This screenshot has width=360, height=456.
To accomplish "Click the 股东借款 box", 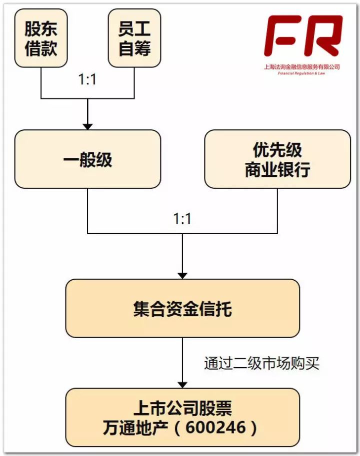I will tap(41, 38).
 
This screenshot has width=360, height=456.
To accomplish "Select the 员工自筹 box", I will tap(134, 38).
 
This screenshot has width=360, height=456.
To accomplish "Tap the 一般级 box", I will tap(87, 159).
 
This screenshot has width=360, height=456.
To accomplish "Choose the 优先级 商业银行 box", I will tap(277, 159).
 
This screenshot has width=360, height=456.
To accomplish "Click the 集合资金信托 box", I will tap(182, 308).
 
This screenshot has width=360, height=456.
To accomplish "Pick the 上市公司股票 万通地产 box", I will tap(182, 417).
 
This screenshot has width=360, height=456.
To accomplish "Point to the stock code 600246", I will tap(223, 428).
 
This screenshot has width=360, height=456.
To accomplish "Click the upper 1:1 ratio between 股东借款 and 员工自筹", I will tap(87, 80).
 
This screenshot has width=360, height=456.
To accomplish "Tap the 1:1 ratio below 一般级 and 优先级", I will tap(182, 218).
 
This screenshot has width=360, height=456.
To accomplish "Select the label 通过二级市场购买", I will tap(261, 364).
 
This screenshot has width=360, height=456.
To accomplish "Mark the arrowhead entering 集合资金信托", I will tap(182, 275).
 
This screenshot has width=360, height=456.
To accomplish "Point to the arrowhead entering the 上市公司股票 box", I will tap(182, 384).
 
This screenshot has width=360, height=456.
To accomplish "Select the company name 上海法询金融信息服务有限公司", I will tap(302, 66).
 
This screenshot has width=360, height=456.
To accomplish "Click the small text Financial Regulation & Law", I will tap(302, 73).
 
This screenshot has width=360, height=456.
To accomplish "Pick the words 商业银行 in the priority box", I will tap(277, 170).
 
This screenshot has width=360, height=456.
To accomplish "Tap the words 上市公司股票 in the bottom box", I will tap(182, 408).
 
